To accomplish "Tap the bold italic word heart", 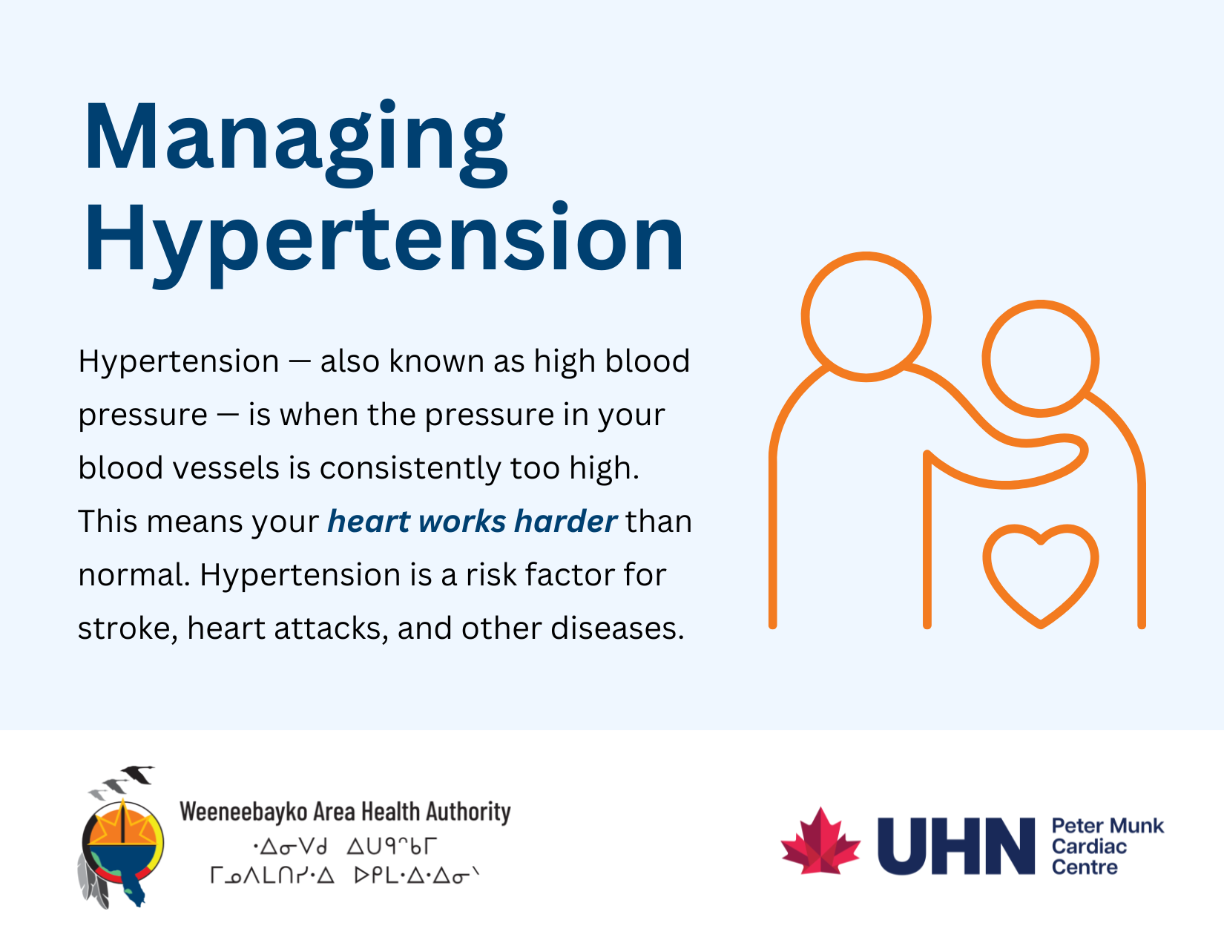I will [x=369, y=522].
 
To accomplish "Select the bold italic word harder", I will [x=565, y=522].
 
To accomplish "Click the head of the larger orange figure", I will [x=866, y=317].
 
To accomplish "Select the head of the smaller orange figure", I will [x=1040, y=358].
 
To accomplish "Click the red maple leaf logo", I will [x=820, y=842].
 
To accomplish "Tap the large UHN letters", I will [x=955, y=846].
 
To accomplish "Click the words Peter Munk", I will [x=1107, y=826].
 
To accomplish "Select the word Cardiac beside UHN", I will [x=1088, y=847].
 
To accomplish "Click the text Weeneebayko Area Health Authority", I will [x=345, y=812].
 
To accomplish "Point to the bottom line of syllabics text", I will [x=345, y=876].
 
